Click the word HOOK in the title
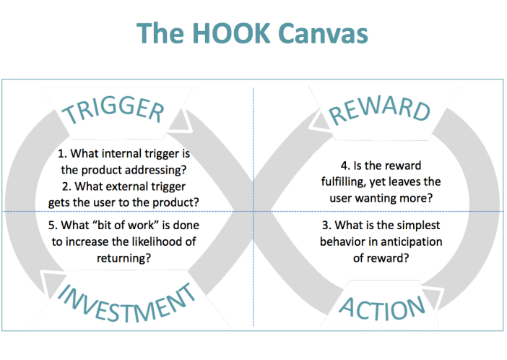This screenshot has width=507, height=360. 231,33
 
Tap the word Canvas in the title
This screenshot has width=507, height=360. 323,33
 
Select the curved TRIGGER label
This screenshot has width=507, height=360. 114,109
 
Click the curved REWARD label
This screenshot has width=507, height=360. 379,109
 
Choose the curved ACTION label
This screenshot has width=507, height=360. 382,309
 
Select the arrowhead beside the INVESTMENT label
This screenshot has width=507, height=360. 52,283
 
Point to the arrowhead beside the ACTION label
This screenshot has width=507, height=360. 432,298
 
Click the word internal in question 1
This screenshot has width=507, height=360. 119,153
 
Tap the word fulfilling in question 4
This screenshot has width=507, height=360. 343,182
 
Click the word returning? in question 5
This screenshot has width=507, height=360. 123,258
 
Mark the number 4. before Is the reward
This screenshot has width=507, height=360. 345,166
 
